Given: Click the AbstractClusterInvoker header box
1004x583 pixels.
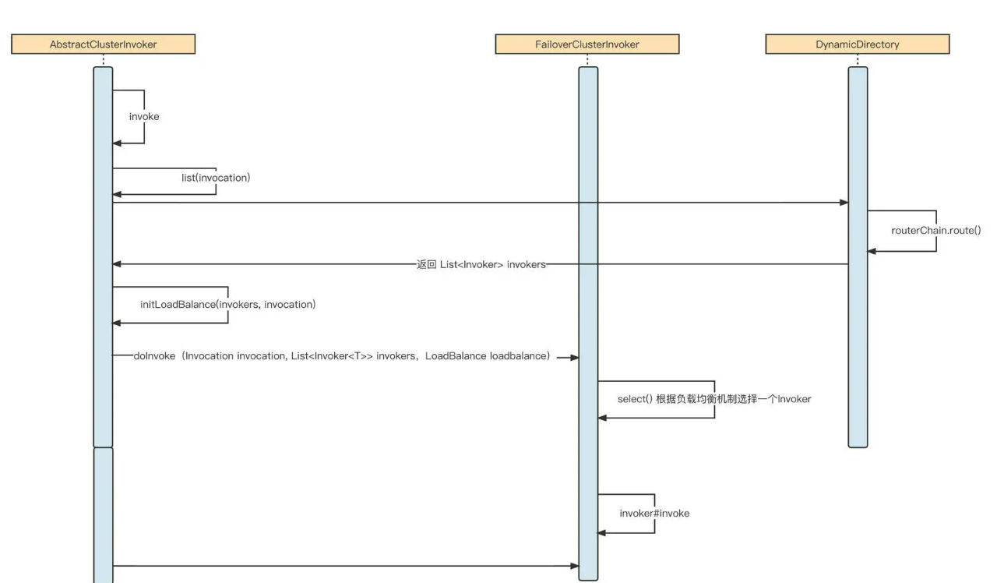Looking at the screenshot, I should point(103,44).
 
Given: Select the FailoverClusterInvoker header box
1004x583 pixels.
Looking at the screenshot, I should point(587,44).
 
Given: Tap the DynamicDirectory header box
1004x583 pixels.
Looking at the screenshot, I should point(857,44).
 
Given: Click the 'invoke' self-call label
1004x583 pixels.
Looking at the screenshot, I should point(144,116).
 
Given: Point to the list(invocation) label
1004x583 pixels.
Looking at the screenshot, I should point(216,178).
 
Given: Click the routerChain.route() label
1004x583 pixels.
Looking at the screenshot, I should point(935,231).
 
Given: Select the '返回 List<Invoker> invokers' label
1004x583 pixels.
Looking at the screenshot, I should point(481,265).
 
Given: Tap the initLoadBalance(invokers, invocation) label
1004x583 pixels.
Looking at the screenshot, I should point(227,304).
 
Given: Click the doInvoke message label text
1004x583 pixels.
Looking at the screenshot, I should point(342,357).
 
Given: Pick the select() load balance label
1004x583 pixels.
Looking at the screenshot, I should point(714,399).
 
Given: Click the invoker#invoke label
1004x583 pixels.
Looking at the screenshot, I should point(654,514).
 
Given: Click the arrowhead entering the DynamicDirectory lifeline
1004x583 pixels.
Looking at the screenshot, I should point(844,203).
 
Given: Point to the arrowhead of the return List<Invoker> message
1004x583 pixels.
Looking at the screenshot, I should point(118,264).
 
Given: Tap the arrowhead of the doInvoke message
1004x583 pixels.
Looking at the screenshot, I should point(574,358).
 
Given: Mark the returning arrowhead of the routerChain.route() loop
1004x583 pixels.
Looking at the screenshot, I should point(872,251).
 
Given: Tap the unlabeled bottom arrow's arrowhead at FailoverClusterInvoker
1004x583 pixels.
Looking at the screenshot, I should point(574,566).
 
